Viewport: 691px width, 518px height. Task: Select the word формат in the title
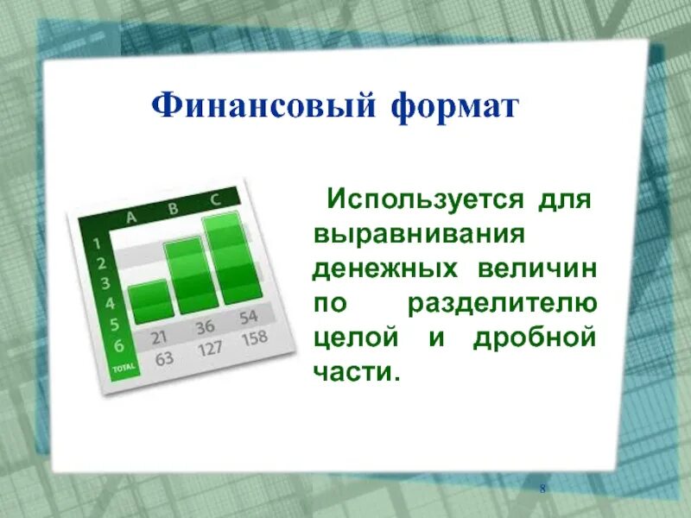[x=454, y=108]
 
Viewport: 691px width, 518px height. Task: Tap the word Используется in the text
[x=424, y=201]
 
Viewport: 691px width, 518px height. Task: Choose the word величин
[x=537, y=268]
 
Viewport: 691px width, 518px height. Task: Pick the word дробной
[x=535, y=338]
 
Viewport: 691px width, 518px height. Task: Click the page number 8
[x=542, y=490]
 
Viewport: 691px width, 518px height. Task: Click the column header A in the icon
[x=132, y=218]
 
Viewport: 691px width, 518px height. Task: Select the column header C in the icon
[x=214, y=199]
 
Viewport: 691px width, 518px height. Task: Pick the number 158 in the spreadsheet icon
[x=254, y=337]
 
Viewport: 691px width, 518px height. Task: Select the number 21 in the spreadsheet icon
[x=159, y=337]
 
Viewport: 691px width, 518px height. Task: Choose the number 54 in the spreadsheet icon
[x=249, y=316]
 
